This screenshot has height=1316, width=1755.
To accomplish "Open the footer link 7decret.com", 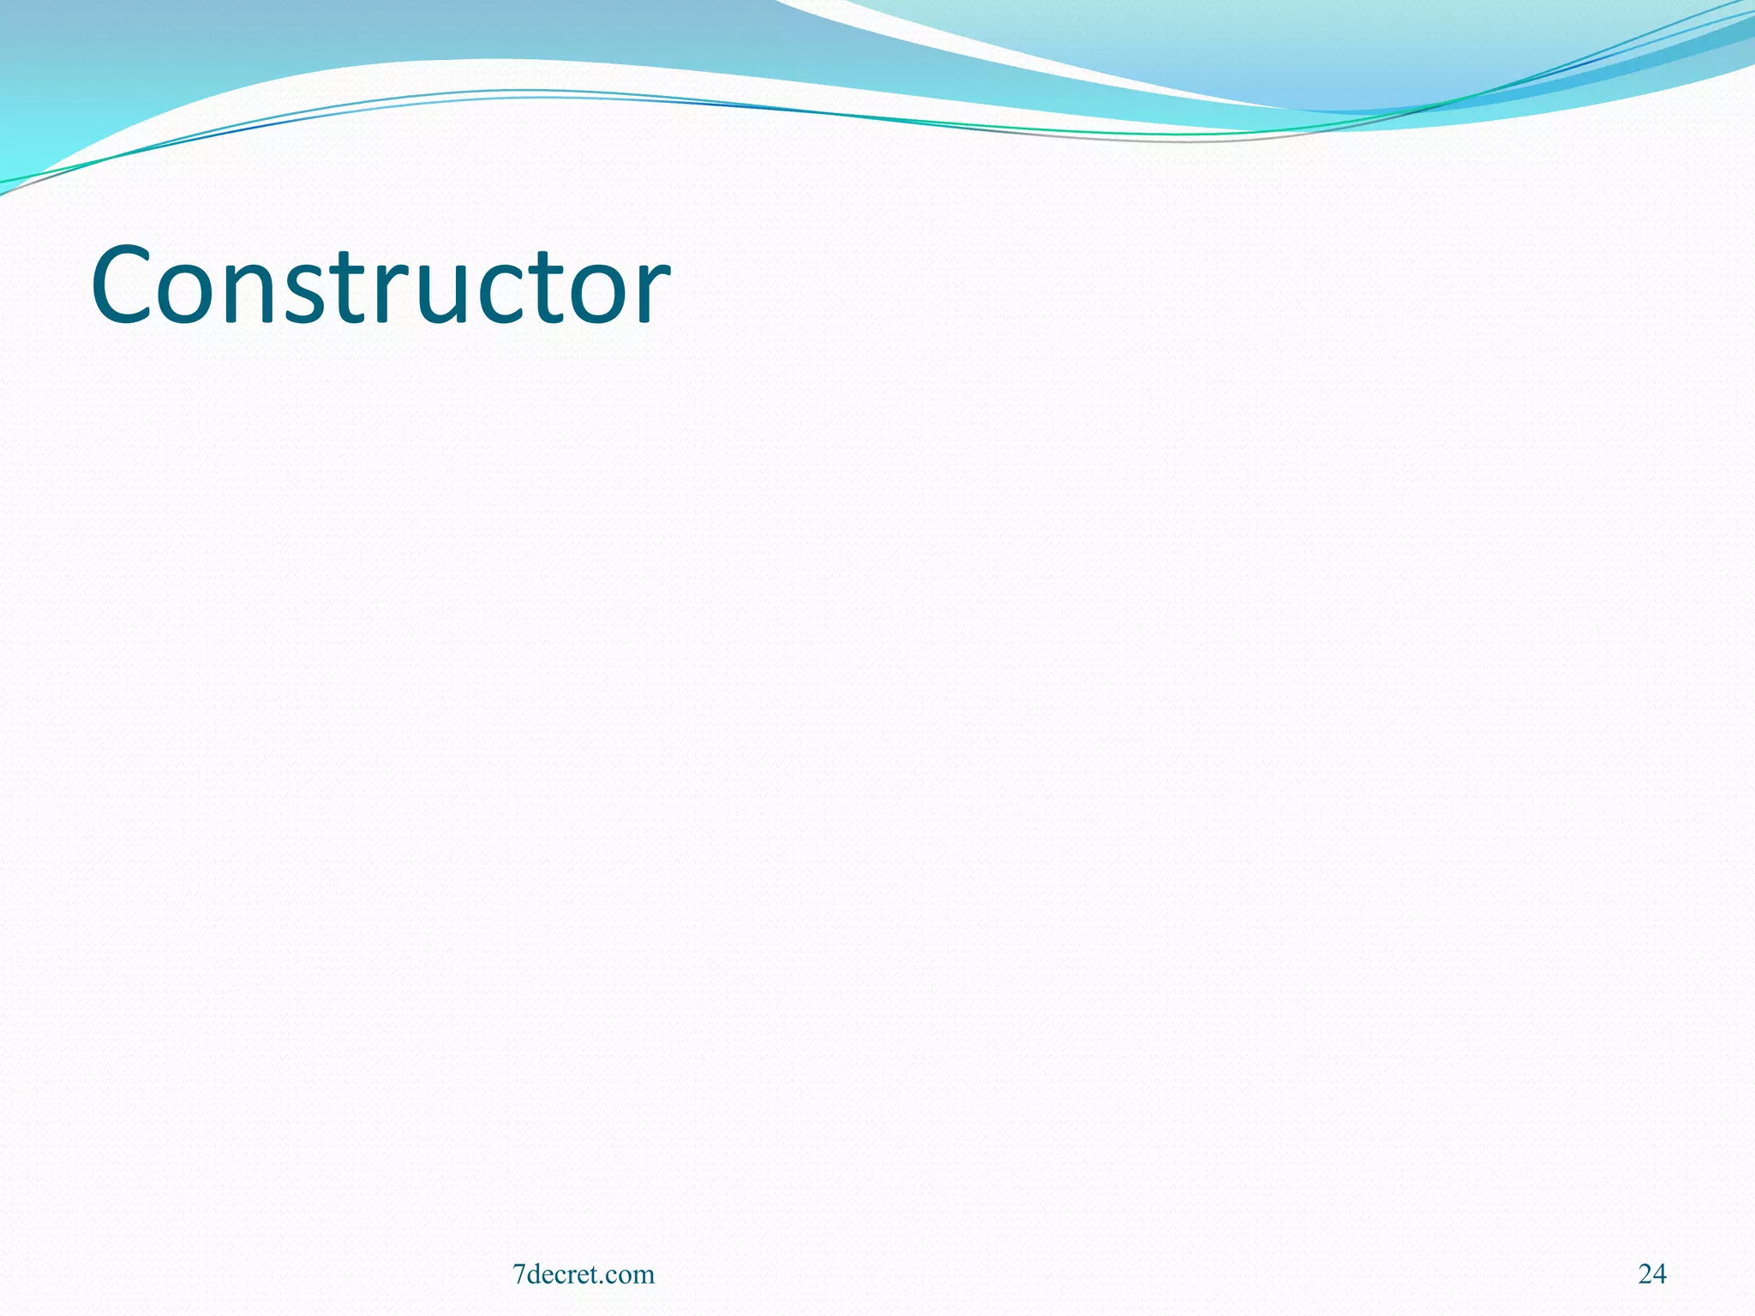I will tap(583, 1274).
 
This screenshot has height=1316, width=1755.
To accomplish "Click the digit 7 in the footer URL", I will tap(518, 1274).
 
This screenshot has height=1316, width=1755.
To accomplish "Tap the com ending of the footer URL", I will tap(632, 1277).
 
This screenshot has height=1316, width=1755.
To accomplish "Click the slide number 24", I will tap(1652, 1274).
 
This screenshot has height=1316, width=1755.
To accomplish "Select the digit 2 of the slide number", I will tap(1645, 1274).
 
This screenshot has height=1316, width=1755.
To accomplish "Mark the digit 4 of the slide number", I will tap(1660, 1274).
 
